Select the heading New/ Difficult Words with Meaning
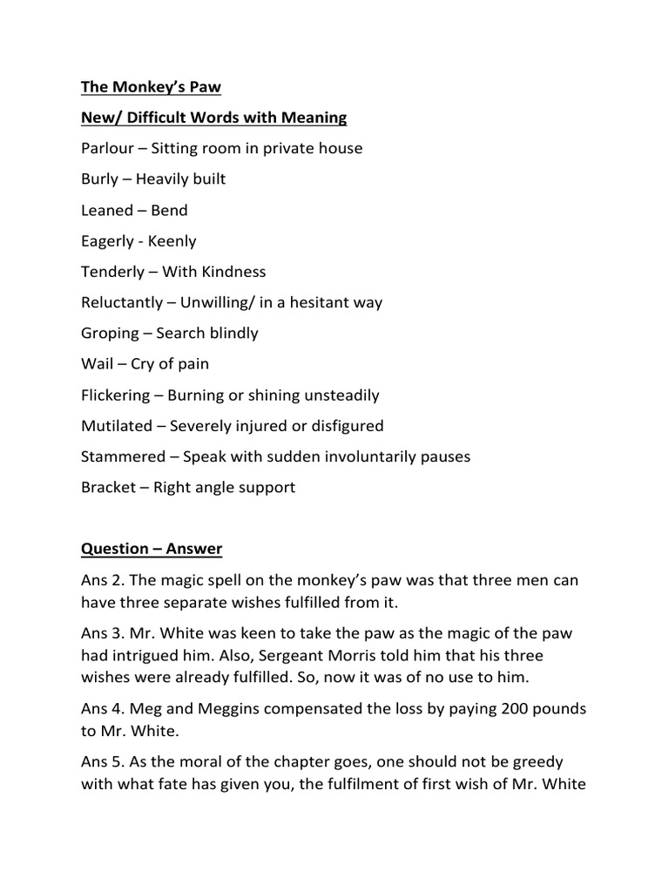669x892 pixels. click(213, 117)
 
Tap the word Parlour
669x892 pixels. click(107, 148)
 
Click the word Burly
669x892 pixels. click(99, 179)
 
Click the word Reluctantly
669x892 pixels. click(122, 303)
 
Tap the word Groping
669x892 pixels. click(110, 334)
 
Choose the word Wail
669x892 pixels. click(96, 364)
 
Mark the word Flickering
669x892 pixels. click(115, 395)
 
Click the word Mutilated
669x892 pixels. click(116, 426)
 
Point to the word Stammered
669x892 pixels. click(123, 456)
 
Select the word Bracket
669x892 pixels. click(108, 488)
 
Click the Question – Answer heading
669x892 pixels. click(152, 549)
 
